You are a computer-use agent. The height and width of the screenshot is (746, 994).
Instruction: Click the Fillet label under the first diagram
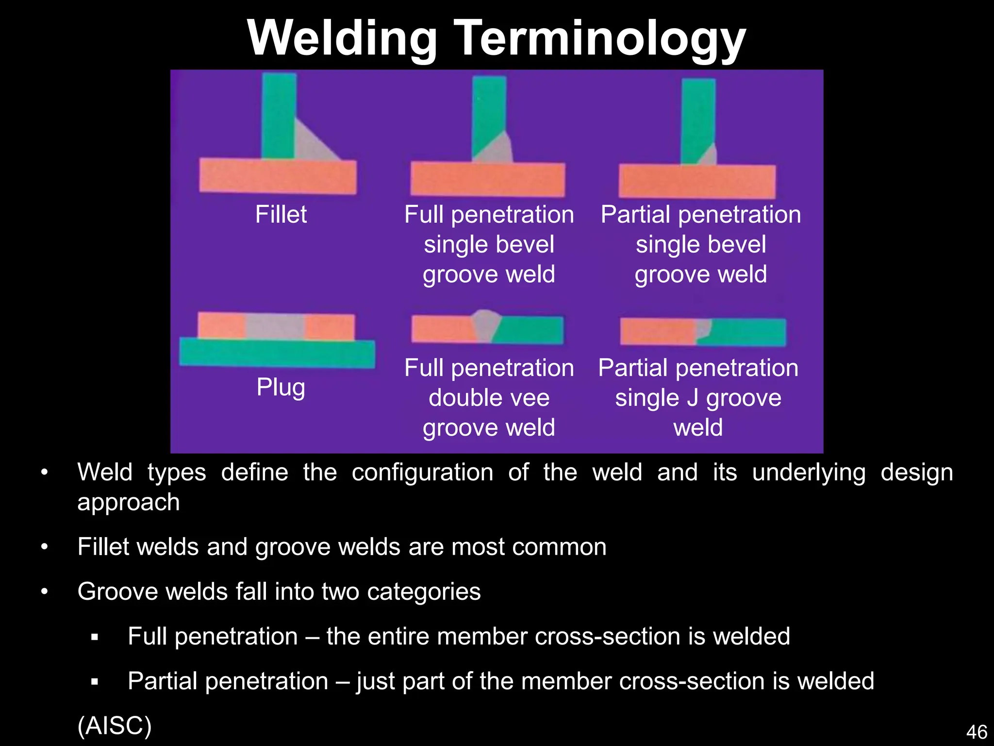[281, 214]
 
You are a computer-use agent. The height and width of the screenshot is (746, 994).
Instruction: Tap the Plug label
[281, 387]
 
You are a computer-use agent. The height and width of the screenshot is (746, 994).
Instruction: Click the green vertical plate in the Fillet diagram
[279, 116]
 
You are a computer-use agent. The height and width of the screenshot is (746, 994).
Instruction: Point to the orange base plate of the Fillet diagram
[278, 176]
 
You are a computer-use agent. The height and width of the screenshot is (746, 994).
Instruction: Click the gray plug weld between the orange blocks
[275, 326]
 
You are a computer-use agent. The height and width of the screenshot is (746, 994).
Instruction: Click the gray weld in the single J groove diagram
[703, 328]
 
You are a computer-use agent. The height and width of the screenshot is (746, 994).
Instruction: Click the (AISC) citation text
[115, 726]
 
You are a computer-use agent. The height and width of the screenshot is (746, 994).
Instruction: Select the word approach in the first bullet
[129, 503]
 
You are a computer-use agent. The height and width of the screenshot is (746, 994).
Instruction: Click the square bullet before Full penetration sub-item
[95, 637]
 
